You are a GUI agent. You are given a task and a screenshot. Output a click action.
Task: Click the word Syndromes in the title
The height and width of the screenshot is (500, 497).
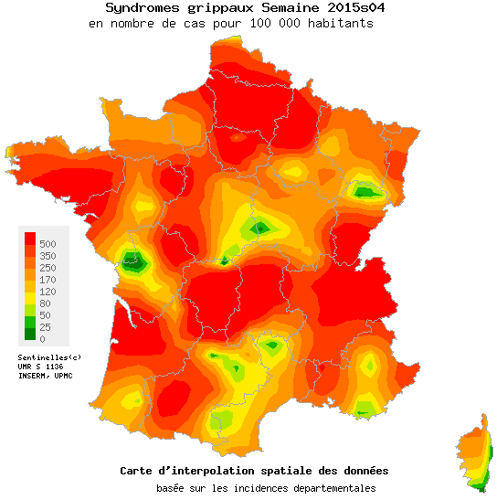pos(136,7)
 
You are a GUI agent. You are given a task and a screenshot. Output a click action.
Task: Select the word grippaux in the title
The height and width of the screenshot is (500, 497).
pos(209,7)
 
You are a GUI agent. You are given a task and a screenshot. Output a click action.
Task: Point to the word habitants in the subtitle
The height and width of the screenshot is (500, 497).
pos(340,23)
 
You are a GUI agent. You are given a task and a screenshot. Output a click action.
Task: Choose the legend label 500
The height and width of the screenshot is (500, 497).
pos(48,243)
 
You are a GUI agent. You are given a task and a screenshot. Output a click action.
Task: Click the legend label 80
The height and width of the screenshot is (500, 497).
pos(45,303)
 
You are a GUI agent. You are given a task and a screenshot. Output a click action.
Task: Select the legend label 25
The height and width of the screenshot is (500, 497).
pos(45,326)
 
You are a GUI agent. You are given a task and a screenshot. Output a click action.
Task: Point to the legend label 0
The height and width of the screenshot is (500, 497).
pos(42,339)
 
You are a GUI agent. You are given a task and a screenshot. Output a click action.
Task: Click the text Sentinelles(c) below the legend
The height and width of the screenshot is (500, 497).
pos(49,356)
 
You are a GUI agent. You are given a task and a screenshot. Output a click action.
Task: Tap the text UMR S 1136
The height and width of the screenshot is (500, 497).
pos(42,366)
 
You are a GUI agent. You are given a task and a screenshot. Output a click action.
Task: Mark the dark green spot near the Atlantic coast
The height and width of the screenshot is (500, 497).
pos(133,261)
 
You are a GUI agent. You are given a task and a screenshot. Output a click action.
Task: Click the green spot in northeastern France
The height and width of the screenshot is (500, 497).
pos(366,191)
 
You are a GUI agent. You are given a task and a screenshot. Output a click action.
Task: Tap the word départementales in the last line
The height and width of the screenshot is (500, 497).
pos(331,488)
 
